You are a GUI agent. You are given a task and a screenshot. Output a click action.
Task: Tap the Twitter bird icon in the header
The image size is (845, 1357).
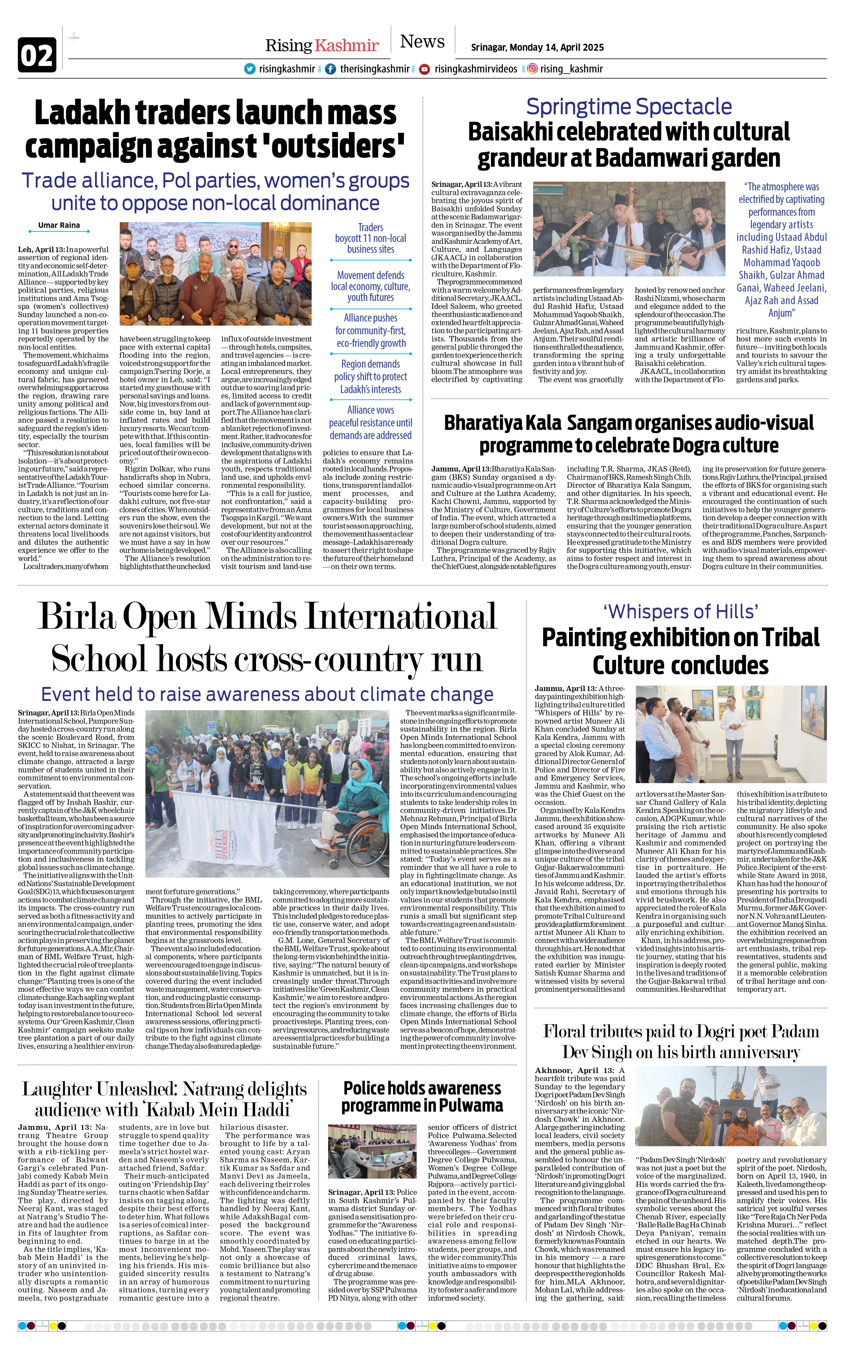coord(250,69)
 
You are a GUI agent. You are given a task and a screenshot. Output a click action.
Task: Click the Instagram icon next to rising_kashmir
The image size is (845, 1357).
coord(533,69)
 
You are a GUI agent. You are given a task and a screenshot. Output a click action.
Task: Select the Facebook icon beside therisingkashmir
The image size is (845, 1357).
coord(331,69)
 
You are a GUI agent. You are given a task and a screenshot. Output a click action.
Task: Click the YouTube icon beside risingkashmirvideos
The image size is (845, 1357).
coord(425,69)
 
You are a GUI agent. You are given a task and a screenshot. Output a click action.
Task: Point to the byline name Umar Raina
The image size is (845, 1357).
coord(59,225)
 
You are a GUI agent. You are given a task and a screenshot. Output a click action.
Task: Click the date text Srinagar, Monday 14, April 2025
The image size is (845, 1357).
coord(537,47)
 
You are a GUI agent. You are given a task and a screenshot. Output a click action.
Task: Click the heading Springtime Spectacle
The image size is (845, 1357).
coord(629,106)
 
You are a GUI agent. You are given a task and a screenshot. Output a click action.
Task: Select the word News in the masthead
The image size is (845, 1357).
coord(422,42)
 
